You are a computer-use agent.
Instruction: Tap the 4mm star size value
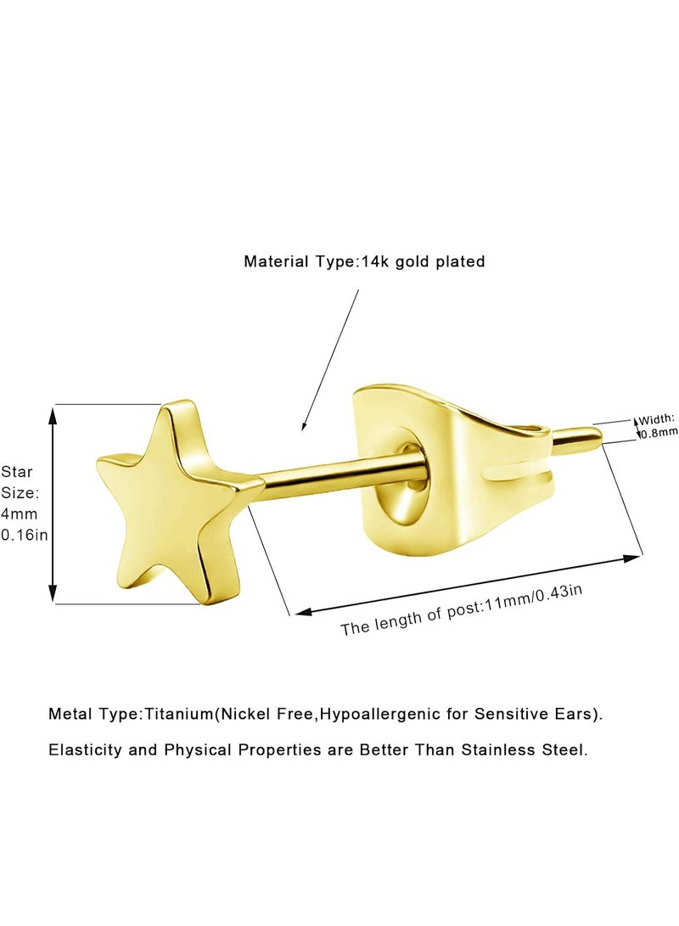19,514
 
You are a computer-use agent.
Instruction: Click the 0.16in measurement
25,535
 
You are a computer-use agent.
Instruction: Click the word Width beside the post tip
657,419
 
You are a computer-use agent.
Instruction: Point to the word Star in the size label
16,471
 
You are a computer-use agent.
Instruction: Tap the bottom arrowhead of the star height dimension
53,593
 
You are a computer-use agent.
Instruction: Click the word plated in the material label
460,261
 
